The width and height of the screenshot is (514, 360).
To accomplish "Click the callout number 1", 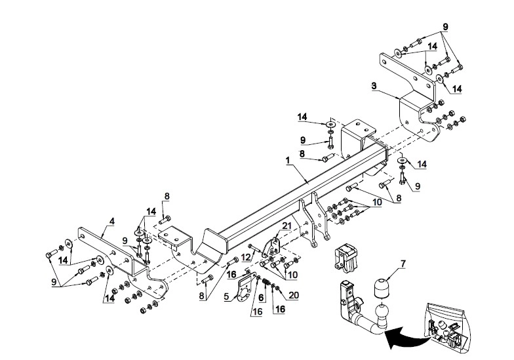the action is coord(288,161).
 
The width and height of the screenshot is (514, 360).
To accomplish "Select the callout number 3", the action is coord(374,87).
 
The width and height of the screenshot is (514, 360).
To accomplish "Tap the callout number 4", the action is coord(112,222).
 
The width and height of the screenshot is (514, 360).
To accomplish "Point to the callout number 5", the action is coord(227,296).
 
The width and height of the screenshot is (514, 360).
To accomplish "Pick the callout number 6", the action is coord(261,298).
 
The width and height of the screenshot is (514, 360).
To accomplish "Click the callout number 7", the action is coord(403,264).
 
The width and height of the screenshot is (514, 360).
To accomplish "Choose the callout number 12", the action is coord(245,258).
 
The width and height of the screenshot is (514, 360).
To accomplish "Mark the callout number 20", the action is coord(294,295).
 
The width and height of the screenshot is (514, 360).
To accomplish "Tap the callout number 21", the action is coord(287,226).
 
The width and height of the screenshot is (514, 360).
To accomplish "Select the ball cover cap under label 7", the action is coord(380,288).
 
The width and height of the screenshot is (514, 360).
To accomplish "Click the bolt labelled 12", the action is coord(255,247).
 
